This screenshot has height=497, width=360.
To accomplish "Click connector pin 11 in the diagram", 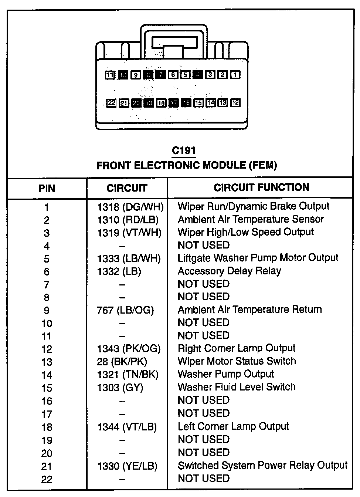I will point(110,75).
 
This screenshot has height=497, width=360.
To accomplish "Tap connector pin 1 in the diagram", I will point(235,75).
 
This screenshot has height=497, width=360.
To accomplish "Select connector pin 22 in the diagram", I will point(111,103).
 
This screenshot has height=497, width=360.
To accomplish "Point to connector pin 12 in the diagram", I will point(235,103).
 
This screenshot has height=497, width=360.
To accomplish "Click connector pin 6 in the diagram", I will point(173,75).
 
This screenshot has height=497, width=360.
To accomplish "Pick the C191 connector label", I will point(184,151).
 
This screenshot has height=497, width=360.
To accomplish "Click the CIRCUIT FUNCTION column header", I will point(261,187).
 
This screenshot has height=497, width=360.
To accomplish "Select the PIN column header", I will point(47,189).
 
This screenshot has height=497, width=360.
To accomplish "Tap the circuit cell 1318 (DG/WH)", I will point(130,206).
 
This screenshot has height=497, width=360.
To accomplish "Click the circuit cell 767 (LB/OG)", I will point(125,310).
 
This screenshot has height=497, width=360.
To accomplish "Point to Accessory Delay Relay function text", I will point(229,271).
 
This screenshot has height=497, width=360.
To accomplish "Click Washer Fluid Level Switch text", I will point(237,387).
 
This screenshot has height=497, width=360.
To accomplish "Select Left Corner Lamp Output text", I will point(233,426).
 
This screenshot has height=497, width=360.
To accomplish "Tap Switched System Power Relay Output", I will point(262,465).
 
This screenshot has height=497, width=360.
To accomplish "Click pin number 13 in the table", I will point(47,362).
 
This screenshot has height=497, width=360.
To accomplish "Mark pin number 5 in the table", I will point(47,259).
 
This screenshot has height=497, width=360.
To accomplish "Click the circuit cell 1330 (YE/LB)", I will point(127,466).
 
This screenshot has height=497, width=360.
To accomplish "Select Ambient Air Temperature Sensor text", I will point(251,219).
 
